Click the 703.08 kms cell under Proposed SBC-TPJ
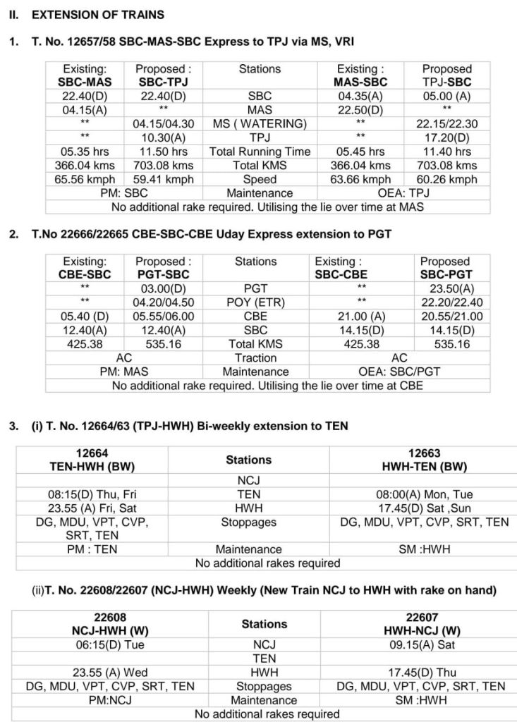click(x=161, y=165)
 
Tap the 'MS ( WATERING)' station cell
click(x=260, y=123)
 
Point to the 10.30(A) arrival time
click(x=161, y=137)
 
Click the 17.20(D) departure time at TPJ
click(x=446, y=137)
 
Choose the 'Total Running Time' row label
click(x=260, y=152)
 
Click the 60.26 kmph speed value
click(x=446, y=179)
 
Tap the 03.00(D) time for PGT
click(x=163, y=288)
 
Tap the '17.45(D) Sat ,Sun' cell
click(x=424, y=508)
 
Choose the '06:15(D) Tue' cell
click(x=113, y=644)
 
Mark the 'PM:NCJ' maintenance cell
click(x=113, y=700)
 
